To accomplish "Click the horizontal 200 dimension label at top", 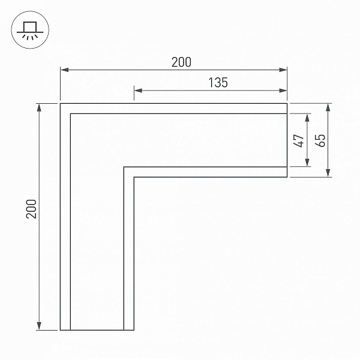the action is coord(181,62).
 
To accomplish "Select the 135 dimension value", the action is coord(218,83).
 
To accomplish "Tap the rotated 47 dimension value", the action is coord(298,140).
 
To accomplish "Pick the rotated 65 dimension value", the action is coord(320,140).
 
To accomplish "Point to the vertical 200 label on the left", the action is coord(31,209).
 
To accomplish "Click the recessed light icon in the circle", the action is coord(30,31).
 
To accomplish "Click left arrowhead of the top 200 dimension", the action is coord(65,70).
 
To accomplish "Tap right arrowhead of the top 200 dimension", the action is coord(283,70).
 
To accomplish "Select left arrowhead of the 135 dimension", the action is coord(138,91).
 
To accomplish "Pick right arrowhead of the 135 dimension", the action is coord(283,91).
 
